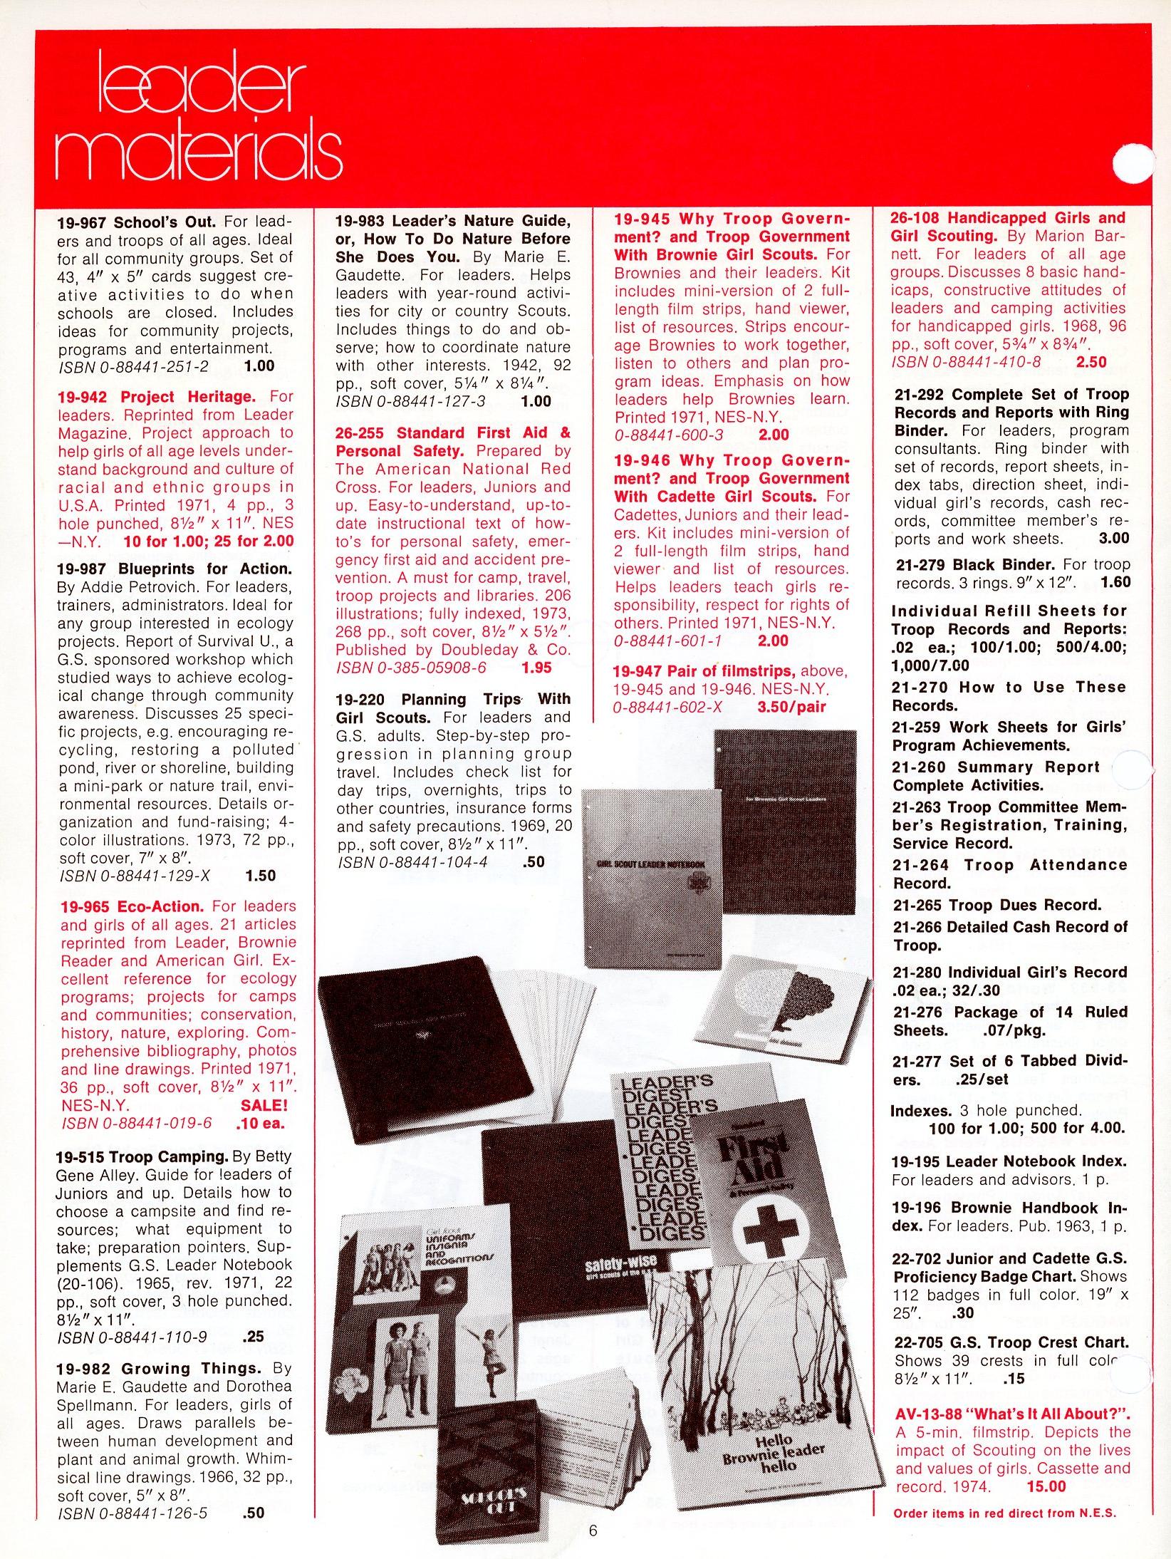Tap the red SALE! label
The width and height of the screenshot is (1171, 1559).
point(265,1105)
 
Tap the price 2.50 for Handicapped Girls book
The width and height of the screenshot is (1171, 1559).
point(1091,362)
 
